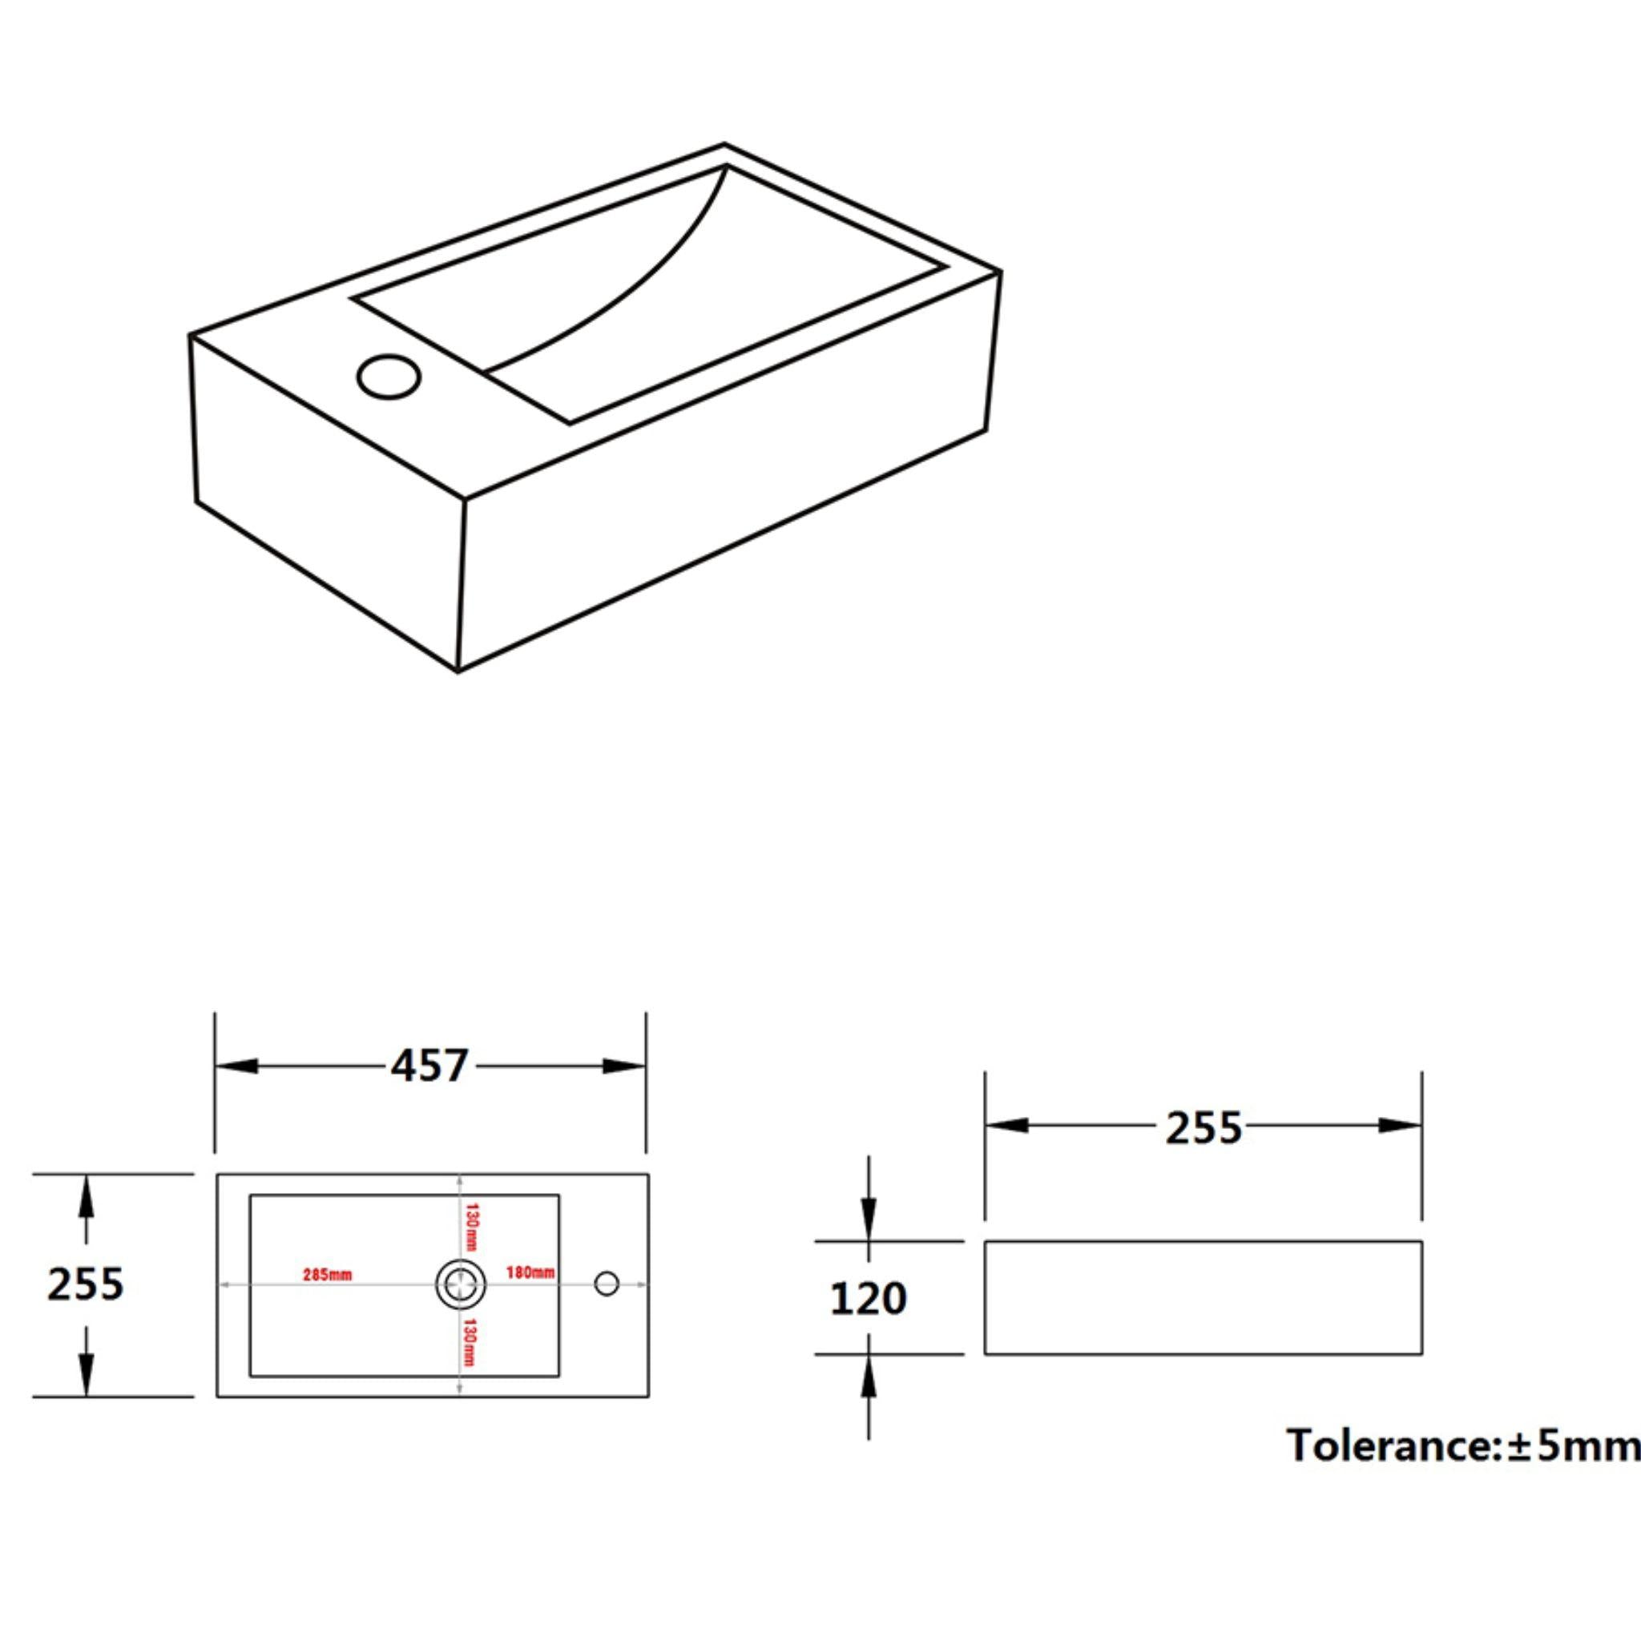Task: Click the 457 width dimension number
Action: tap(429, 1066)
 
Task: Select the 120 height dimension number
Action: tap(868, 1299)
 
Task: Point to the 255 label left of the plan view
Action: tap(85, 1284)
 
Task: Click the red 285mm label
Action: tap(327, 1275)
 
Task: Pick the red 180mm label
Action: tap(530, 1272)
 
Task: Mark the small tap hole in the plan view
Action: tap(607, 1284)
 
